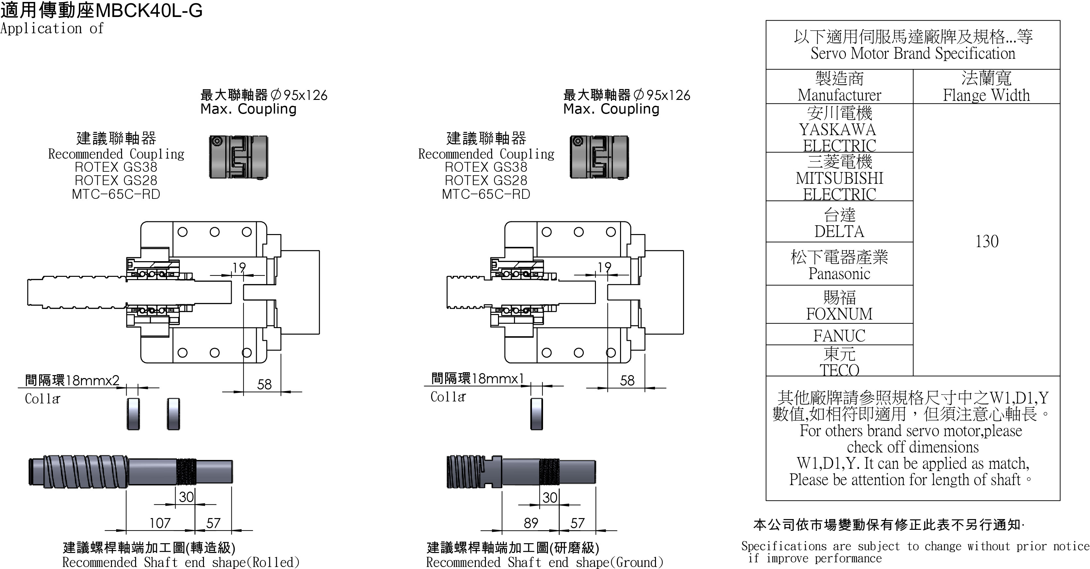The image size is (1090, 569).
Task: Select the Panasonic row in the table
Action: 839,265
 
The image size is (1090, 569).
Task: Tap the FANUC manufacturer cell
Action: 839,335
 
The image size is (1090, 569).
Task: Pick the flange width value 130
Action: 986,241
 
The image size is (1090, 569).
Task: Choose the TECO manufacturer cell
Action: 839,362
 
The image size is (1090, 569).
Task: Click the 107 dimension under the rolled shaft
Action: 160,523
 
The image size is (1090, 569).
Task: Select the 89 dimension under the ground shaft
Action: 531,523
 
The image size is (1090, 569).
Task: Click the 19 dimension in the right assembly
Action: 604,267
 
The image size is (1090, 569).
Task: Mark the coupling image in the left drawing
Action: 239,157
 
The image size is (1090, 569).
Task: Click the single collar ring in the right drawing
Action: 537,414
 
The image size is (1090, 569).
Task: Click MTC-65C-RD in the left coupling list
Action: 116,194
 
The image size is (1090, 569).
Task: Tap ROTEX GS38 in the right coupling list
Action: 486,167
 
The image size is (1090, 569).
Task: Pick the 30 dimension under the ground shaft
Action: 550,498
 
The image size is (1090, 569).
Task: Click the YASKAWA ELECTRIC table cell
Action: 839,129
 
